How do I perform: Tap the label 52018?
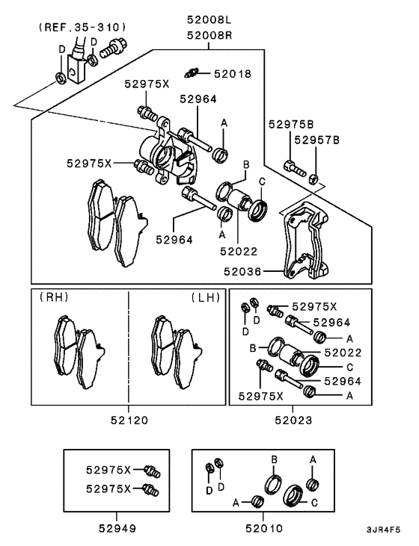233,74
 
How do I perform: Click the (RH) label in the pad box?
55,297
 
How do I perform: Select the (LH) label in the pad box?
205,297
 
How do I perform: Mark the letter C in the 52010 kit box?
314,503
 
